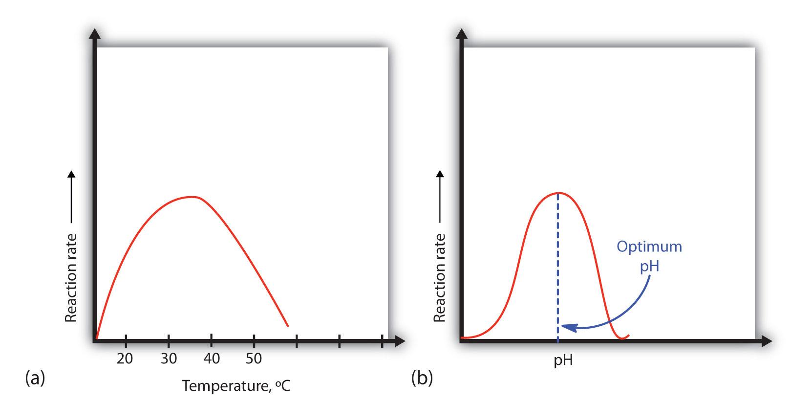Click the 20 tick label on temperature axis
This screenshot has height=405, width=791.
[125, 359]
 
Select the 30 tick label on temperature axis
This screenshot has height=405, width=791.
[169, 359]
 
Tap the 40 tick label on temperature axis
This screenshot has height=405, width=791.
[212, 359]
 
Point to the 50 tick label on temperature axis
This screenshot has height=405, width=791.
[254, 359]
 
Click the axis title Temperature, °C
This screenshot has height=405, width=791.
[236, 386]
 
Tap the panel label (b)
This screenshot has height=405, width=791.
[422, 378]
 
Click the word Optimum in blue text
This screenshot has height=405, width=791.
[649, 246]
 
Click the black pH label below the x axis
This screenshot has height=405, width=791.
[563, 361]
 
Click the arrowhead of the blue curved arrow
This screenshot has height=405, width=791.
[567, 327]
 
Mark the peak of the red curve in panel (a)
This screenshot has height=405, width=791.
[191, 197]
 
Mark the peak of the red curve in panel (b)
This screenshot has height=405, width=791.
[558, 193]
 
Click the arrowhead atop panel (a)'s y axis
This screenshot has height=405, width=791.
[95, 34]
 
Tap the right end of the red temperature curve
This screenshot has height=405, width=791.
[287, 326]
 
